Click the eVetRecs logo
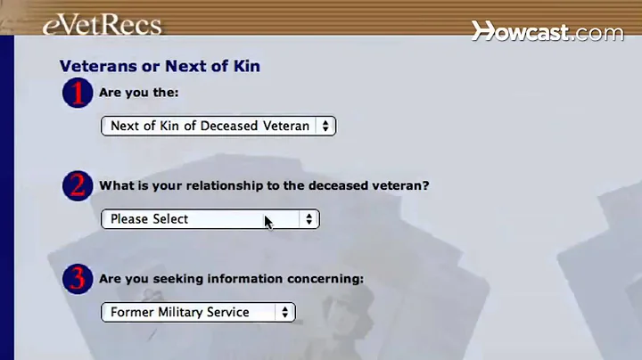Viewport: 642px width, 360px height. click(102, 23)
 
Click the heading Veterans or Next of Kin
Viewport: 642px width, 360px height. click(160, 66)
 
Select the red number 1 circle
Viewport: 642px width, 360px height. click(78, 93)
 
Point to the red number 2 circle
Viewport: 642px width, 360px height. click(78, 185)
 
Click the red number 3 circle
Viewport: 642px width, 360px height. click(78, 279)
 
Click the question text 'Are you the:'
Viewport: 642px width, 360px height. click(138, 93)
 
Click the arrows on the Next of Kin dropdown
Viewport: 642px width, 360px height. click(325, 126)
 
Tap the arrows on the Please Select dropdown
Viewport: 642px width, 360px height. click(309, 219)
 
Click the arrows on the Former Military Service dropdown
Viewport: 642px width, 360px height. click(284, 312)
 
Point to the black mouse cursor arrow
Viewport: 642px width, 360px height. click(267, 221)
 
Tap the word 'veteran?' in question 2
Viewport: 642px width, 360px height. click(398, 185)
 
